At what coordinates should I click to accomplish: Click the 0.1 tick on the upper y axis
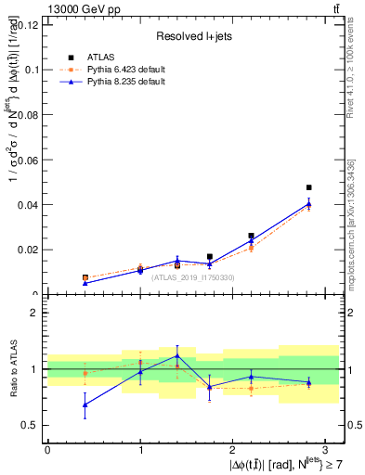point(31,70)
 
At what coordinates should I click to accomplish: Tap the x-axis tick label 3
point(326,450)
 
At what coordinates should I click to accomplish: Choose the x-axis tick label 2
point(233,450)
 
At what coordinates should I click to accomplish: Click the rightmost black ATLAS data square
point(308,187)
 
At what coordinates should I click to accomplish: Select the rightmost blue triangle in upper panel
point(308,204)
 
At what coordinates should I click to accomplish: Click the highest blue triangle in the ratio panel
point(177,355)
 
